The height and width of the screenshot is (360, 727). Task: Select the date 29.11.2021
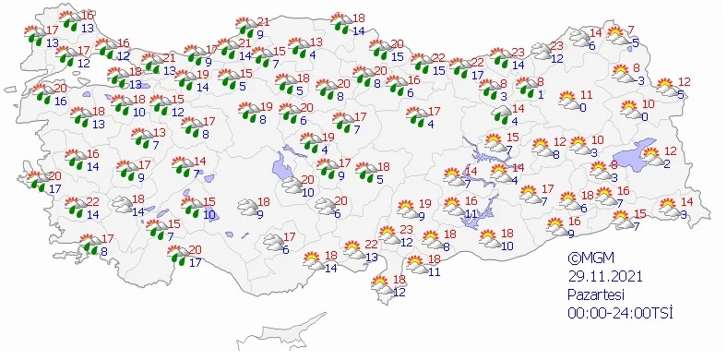(603, 276)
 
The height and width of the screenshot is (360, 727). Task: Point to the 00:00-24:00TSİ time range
(619, 312)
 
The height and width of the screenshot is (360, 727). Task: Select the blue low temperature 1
(541, 93)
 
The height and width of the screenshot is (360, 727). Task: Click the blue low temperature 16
(60, 101)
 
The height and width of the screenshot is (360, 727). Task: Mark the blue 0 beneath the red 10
(645, 116)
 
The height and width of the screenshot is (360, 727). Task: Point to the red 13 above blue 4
(316, 42)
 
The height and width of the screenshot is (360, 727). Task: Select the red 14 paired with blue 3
(685, 203)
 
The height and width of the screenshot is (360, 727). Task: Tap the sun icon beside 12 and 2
(650, 156)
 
